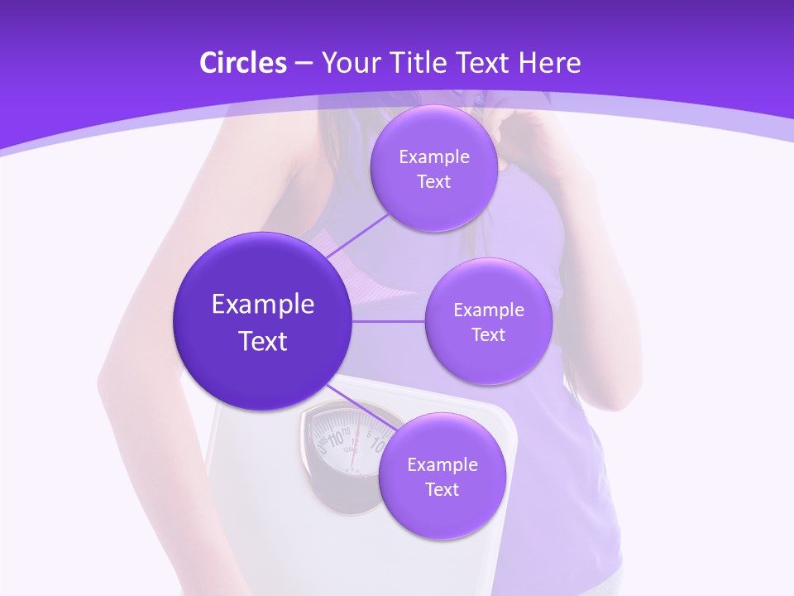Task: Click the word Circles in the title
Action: coord(242,63)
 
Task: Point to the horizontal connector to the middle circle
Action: coord(389,321)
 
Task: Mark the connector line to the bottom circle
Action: coord(364,407)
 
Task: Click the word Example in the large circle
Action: coord(263,305)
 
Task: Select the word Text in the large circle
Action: coord(263,341)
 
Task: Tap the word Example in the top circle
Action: coord(433,157)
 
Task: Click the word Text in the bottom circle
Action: coord(442,489)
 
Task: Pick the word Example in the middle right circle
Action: coord(488,310)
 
